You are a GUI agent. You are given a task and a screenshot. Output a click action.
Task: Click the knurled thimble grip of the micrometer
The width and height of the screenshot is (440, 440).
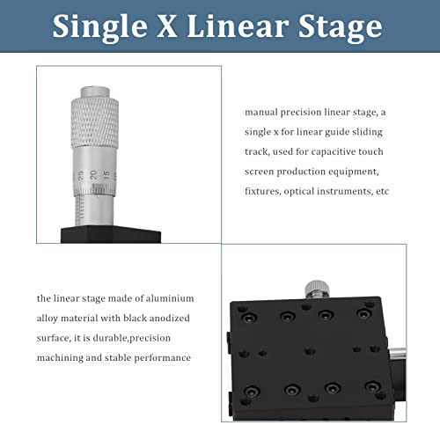click(x=94, y=127)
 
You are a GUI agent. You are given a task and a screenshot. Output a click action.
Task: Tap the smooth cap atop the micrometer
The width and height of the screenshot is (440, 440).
click(x=94, y=91)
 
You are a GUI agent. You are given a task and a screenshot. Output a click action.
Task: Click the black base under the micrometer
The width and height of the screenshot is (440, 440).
click(x=110, y=235)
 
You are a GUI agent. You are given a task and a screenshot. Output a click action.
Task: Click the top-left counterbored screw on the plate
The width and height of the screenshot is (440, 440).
click(x=247, y=315)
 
